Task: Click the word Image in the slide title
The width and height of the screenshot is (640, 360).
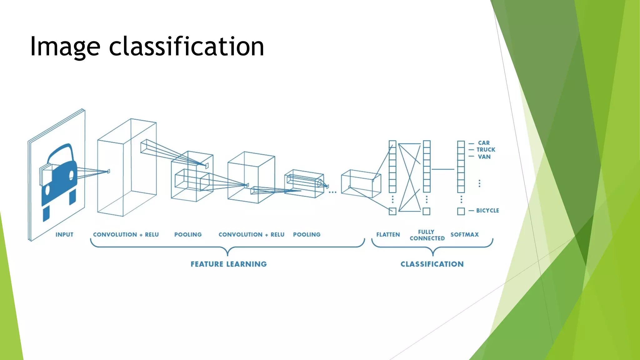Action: click(x=65, y=47)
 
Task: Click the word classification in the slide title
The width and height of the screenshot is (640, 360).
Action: click(x=187, y=46)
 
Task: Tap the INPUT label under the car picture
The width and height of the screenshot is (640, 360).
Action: click(x=64, y=235)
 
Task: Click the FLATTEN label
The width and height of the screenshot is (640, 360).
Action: click(x=388, y=235)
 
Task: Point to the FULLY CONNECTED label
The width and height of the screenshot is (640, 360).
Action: click(x=427, y=235)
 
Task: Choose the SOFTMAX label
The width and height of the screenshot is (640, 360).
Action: click(x=464, y=235)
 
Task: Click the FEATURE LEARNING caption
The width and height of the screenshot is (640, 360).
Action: click(x=229, y=264)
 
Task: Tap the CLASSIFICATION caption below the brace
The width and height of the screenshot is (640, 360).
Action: click(x=432, y=264)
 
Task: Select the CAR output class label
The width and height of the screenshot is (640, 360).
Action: click(x=484, y=143)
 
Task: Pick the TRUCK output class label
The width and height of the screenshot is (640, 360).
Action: click(x=486, y=150)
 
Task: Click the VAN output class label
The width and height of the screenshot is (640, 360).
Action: click(x=484, y=157)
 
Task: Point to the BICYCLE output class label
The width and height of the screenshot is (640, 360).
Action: click(x=487, y=211)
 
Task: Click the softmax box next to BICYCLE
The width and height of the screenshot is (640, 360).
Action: click(x=461, y=211)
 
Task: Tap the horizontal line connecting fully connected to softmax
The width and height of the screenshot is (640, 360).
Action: click(x=442, y=169)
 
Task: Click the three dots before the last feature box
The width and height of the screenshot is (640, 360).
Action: click(x=332, y=192)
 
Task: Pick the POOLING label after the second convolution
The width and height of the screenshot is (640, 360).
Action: click(x=307, y=235)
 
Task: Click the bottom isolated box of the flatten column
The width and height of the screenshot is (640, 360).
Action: click(x=392, y=211)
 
